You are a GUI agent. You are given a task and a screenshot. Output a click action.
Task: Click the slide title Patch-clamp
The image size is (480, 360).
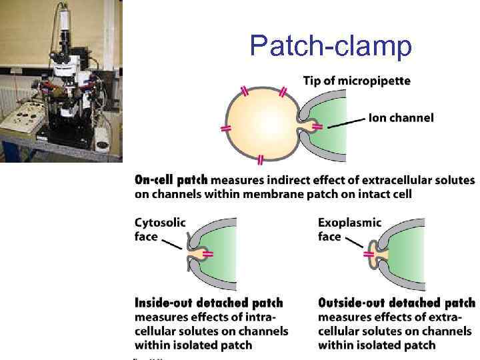tap(331, 45)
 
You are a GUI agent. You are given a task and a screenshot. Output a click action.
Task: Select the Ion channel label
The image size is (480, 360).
tap(401, 118)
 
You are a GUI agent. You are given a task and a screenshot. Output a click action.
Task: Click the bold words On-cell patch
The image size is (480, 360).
tap(171, 180)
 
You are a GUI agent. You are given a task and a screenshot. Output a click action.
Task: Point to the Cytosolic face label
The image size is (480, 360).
tap(160, 229)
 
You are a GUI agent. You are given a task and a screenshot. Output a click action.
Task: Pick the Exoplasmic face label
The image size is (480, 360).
tap(349, 229)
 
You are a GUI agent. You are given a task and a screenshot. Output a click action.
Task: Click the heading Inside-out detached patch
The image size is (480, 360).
tap(209, 303)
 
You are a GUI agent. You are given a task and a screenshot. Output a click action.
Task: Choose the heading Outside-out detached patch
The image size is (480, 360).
tap(397, 303)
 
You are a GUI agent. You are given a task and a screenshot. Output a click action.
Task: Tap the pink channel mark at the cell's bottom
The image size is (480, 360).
tap(260, 159)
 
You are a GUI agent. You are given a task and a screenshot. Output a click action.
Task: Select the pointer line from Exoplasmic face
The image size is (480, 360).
tap(355, 248)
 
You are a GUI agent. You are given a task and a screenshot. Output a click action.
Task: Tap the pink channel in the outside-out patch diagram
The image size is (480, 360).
tap(371, 254)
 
